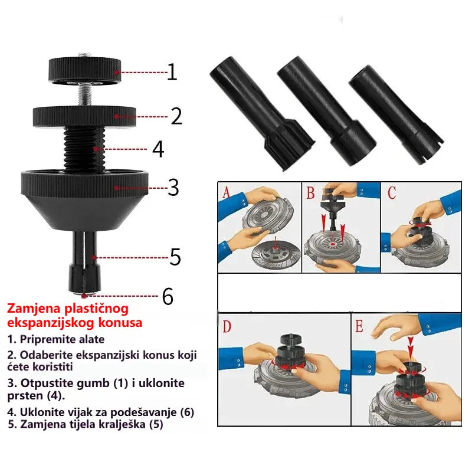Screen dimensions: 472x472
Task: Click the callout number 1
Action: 172,71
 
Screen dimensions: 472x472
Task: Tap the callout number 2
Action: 176,116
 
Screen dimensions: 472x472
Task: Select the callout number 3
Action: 173,187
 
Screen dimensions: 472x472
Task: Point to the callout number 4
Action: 158,149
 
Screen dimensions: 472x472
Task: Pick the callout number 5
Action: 175,257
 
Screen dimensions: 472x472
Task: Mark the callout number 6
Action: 168,296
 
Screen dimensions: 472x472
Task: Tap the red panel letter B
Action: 310,193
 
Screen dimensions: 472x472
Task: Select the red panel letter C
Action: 392,193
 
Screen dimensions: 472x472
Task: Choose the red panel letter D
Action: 227,326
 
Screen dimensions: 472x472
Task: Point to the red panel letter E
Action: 359,326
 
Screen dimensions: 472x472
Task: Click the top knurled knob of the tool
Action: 85,70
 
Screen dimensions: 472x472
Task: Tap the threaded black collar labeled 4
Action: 84,149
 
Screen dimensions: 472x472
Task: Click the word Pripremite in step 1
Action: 47,339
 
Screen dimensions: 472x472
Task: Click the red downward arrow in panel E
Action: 411,344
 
